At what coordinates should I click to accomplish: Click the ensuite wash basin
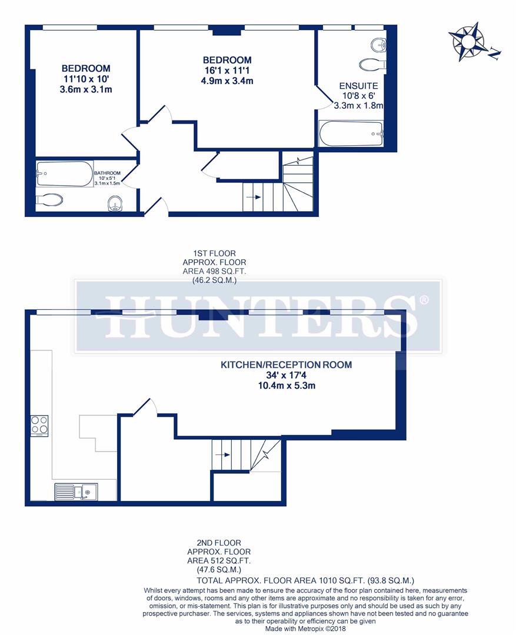(x=377, y=44)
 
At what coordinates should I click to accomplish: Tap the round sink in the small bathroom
(x=116, y=204)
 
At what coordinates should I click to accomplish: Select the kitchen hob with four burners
(x=40, y=425)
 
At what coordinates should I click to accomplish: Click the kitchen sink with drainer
(x=76, y=490)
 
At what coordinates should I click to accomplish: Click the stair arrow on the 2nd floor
(x=222, y=454)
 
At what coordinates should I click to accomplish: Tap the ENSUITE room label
(x=358, y=86)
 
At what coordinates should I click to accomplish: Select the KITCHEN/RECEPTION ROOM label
(x=286, y=365)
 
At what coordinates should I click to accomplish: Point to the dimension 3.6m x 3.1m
(x=86, y=90)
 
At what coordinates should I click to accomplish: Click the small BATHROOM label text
(x=108, y=173)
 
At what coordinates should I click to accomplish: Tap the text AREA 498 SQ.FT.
(x=214, y=271)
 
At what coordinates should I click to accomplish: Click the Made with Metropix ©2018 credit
(x=305, y=629)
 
